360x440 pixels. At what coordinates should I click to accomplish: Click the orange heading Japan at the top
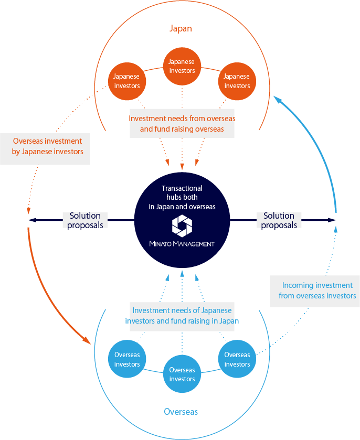point(180,28)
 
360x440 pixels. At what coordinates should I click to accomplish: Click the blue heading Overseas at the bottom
point(181,412)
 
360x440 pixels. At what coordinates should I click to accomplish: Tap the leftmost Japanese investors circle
point(127,81)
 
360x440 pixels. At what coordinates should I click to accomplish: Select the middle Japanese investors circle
point(182,66)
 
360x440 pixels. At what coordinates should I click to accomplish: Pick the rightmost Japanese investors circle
point(237,81)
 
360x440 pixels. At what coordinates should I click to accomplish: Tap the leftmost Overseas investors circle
point(127,359)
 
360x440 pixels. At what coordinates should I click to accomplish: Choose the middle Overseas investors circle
point(182,374)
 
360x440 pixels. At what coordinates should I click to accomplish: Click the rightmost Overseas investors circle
point(237,359)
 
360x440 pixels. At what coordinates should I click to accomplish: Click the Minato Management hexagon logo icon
point(182,226)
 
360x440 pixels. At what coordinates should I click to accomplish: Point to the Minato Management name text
point(182,244)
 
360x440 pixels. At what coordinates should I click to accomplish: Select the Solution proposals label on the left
point(85,220)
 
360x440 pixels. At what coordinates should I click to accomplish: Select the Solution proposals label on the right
point(279,220)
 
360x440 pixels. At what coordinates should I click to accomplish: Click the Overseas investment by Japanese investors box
point(47,146)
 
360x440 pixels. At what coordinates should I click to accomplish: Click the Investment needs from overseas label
point(182,124)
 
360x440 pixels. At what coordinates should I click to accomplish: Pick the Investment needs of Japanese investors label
point(182,316)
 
